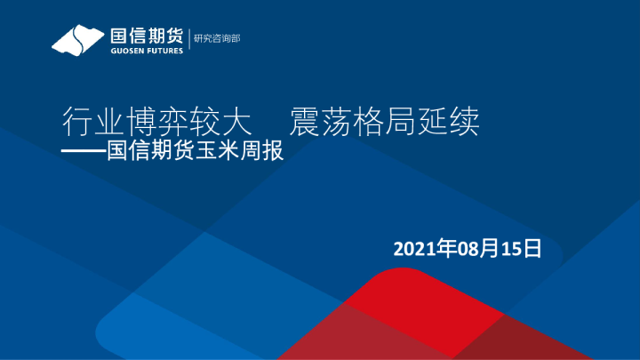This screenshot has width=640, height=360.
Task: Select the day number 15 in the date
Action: [514, 248]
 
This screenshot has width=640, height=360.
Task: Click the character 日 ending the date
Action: [532, 248]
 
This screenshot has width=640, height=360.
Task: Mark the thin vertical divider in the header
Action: [189, 40]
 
